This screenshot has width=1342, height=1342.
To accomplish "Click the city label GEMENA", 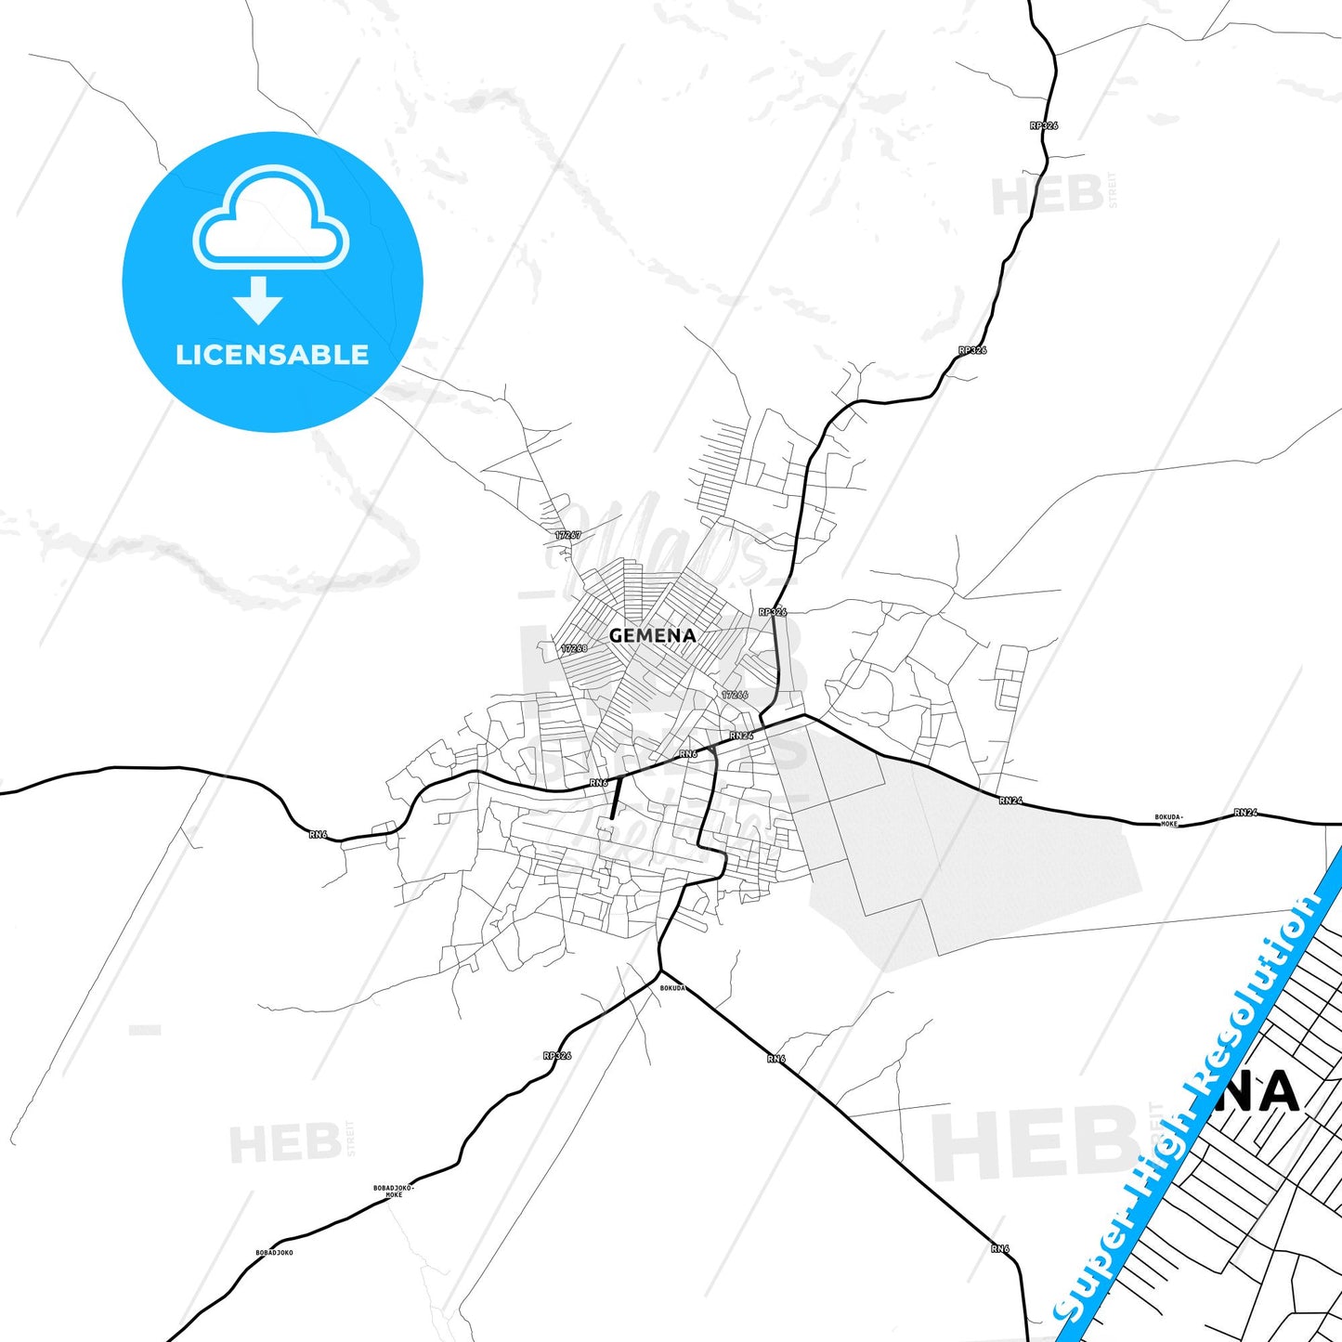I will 652,636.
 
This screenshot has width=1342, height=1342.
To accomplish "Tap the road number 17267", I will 568,535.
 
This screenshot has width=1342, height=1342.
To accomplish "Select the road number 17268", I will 574,648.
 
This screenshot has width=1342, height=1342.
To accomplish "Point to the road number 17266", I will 735,695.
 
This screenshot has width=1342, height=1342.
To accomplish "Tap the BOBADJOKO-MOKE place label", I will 394,1192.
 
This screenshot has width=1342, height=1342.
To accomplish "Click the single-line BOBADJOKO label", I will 274,1253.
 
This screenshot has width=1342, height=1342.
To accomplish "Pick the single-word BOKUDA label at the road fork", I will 672,988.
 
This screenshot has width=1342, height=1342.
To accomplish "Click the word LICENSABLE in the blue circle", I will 272,355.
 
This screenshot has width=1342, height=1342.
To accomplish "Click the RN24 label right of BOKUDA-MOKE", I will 1245,813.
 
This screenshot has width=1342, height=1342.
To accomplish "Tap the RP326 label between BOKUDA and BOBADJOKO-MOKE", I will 557,1056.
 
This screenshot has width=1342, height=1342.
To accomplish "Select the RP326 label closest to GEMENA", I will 773,612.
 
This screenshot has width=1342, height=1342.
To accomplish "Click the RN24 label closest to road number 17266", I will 741,736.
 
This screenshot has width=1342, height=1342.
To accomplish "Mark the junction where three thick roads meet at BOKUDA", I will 659,971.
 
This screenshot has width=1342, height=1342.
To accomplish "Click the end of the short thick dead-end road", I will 611,818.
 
